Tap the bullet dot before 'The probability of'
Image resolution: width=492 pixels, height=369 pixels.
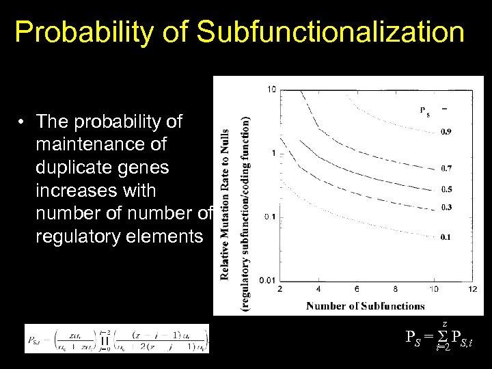coord(23,122)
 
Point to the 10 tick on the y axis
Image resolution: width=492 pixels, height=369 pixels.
coord(271,89)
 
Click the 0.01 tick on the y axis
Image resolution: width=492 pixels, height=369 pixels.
coord(269,280)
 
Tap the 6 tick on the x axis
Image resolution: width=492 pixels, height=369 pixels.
coord(357,290)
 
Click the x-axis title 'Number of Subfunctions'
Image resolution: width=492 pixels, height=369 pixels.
coord(366,305)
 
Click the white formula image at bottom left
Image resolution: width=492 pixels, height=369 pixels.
coord(117,338)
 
